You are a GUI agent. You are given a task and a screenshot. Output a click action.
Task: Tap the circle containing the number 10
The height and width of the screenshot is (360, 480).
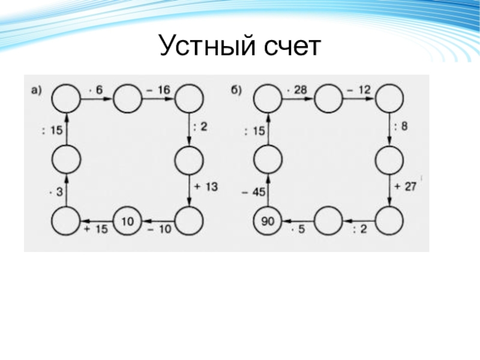(x=127, y=221)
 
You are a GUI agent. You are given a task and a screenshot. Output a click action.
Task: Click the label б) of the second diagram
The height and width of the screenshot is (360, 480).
(x=236, y=91)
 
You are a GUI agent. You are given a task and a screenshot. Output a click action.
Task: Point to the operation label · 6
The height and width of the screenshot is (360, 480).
(x=96, y=89)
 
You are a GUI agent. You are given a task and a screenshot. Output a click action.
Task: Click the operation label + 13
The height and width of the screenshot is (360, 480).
(x=206, y=187)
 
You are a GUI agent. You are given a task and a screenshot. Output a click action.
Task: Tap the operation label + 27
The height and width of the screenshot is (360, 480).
(x=406, y=187)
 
